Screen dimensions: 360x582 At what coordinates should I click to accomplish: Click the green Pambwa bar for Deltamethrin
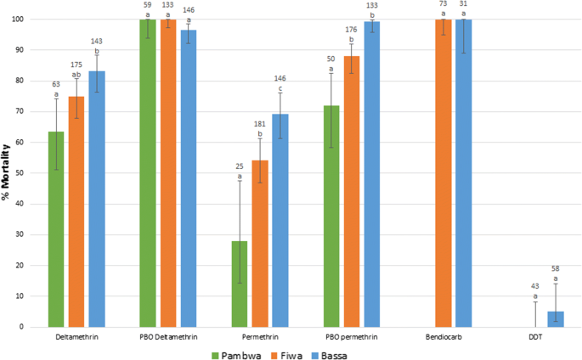pyautogui.click(x=56, y=229)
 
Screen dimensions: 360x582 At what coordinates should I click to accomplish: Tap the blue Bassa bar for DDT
pyautogui.click(x=556, y=318)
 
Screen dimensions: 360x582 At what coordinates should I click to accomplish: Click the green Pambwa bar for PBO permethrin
pyautogui.click(x=331, y=217)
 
